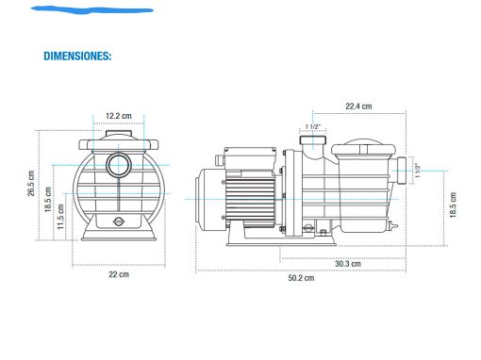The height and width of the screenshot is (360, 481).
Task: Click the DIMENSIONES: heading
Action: pos(77,56)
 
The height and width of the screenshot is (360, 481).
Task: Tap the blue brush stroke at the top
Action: pos(91,10)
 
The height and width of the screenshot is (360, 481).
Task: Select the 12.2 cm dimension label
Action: pos(119,116)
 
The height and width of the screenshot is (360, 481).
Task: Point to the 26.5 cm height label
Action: pos(31,183)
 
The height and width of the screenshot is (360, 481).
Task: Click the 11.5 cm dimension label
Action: pos(60,217)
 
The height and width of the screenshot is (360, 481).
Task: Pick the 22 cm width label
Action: pos(119,274)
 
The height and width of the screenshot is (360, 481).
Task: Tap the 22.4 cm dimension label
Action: pos(358,106)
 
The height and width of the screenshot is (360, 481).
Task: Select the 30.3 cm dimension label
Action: pos(348,264)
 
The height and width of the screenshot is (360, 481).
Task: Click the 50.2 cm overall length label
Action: pos(301,278)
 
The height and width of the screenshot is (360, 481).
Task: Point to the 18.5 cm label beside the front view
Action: pos(48,199)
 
